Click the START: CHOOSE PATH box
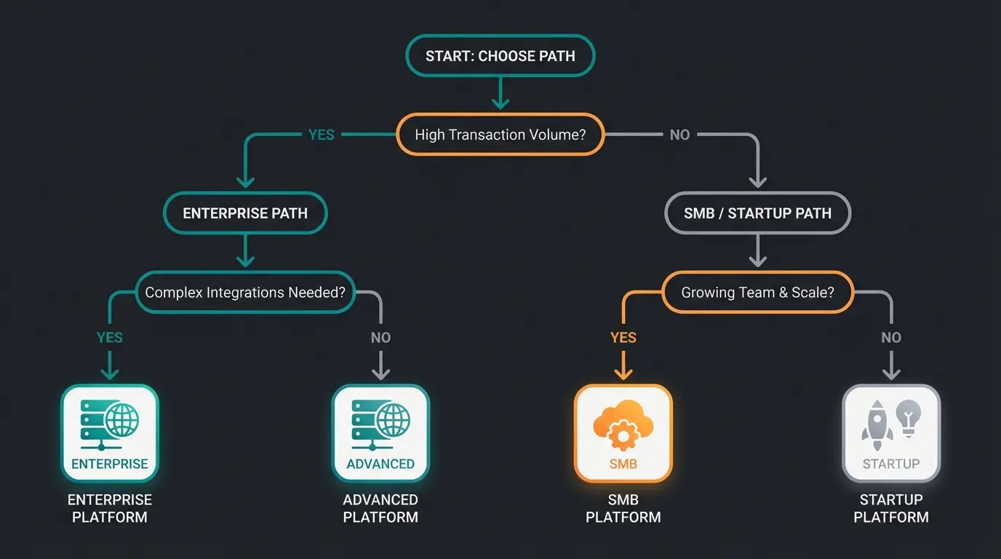(500, 55)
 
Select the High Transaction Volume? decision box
(500, 135)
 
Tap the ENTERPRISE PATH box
(245, 213)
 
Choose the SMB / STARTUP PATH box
(757, 213)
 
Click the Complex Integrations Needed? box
(245, 293)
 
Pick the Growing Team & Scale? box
(757, 293)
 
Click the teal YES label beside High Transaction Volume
(322, 135)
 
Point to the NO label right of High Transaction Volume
(679, 135)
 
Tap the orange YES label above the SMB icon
(623, 338)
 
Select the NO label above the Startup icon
(891, 338)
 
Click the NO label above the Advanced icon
(380, 338)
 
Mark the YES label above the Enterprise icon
(110, 338)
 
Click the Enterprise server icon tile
(110, 433)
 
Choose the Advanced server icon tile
(380, 433)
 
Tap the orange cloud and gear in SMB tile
(623, 427)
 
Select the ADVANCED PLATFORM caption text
(380, 509)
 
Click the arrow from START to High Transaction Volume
(500, 95)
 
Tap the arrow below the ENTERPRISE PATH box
(246, 252)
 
